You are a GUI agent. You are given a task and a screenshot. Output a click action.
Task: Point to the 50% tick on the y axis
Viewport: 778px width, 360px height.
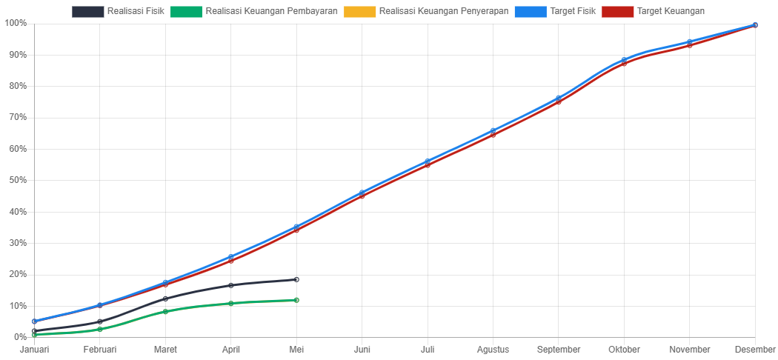[16, 180]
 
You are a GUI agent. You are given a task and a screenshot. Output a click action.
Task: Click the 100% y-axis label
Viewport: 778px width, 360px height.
[14, 23]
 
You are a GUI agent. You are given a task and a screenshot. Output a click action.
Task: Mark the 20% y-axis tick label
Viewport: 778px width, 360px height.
[16, 274]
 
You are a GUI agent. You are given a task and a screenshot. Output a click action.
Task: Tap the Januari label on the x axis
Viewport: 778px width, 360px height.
[34, 349]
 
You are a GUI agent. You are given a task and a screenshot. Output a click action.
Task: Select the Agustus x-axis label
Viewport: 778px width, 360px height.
[493, 349]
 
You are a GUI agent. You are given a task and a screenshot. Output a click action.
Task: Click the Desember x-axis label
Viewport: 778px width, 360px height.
[755, 349]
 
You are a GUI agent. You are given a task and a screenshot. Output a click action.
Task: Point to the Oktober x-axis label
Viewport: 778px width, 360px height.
[624, 349]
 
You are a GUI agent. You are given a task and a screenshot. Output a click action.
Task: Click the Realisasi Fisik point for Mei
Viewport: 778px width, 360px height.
[296, 279]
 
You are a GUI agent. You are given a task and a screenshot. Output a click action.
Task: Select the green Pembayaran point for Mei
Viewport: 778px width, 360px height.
[296, 300]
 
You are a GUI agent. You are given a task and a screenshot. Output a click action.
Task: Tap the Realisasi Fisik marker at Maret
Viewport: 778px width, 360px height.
[165, 299]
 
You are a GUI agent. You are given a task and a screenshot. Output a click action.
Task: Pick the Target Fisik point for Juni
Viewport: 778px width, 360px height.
[362, 193]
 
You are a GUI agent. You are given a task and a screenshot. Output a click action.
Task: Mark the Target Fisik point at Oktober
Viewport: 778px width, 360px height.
[624, 60]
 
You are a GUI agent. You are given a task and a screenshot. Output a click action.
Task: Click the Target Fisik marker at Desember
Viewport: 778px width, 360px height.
[755, 24]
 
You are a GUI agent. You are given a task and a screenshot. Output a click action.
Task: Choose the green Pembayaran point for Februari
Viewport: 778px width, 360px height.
[99, 329]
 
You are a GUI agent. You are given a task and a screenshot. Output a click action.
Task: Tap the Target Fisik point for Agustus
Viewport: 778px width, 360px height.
[493, 131]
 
